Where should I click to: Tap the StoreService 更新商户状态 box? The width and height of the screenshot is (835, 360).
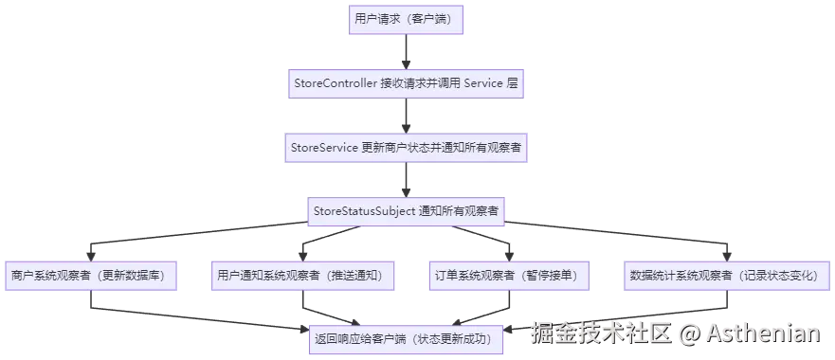pos(406,147)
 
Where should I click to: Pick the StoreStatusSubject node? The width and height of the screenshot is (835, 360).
pos(407,210)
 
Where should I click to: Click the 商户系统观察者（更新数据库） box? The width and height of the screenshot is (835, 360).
pos(88,275)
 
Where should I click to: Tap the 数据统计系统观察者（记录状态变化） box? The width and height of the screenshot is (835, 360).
pos(724,275)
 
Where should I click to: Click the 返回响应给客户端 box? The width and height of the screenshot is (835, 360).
pos(407,338)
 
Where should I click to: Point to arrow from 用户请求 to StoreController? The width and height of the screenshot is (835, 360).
pos(407,52)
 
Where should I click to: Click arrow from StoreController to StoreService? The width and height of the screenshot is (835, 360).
pos(407,116)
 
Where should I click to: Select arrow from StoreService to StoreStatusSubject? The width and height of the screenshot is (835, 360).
pos(407,179)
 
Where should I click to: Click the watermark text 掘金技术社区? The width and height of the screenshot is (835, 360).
pos(600,333)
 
